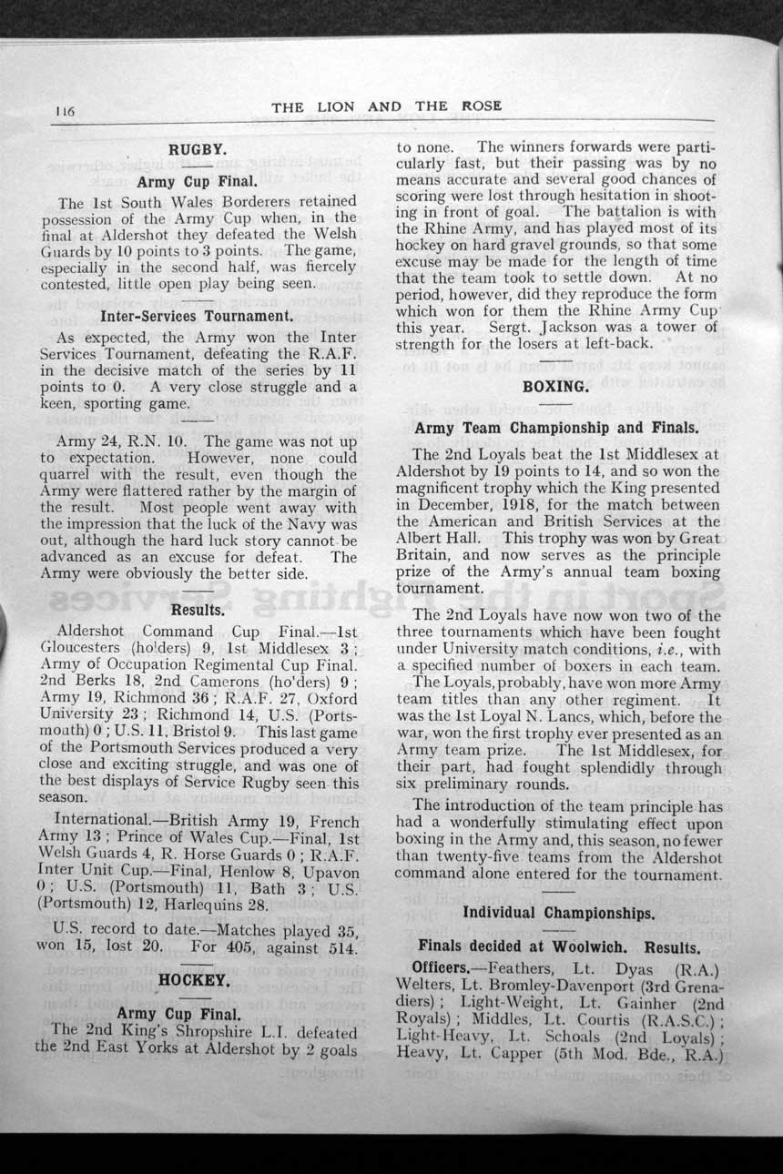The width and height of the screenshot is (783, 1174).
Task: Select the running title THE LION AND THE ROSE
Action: tap(386, 106)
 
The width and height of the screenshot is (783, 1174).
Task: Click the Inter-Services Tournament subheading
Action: tap(197, 317)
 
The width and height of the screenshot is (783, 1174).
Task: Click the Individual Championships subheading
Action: tap(557, 913)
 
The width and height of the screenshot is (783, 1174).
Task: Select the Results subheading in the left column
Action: tap(198, 609)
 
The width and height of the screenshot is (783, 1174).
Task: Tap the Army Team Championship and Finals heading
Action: tap(556, 428)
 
